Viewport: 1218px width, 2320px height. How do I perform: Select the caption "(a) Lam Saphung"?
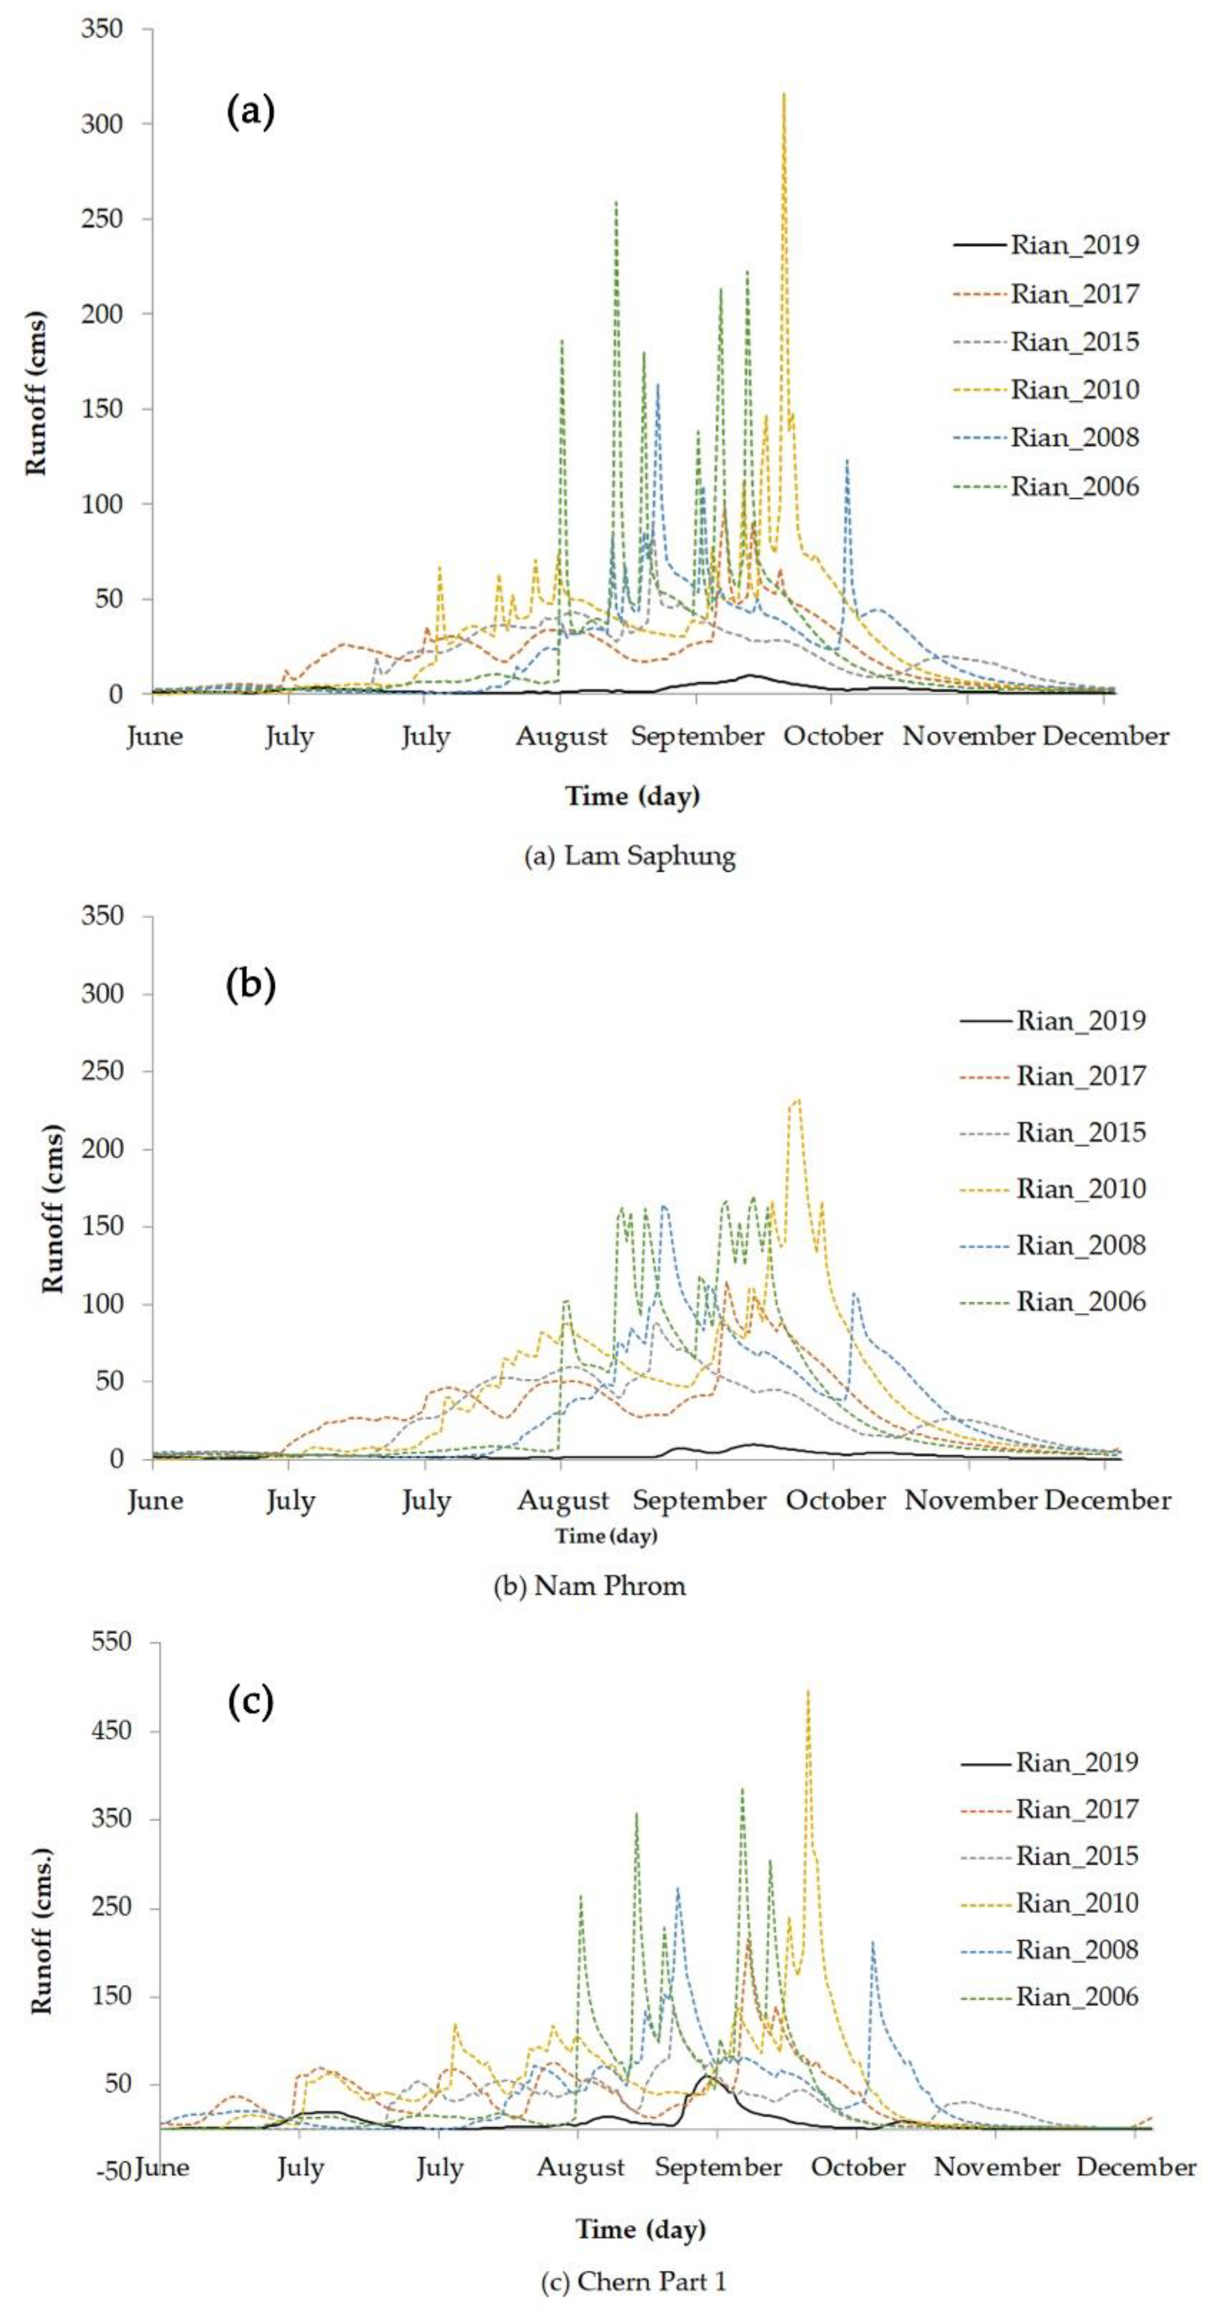630,856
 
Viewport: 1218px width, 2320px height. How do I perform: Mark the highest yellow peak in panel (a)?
784,93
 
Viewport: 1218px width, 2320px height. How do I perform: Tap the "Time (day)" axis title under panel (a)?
632,796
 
